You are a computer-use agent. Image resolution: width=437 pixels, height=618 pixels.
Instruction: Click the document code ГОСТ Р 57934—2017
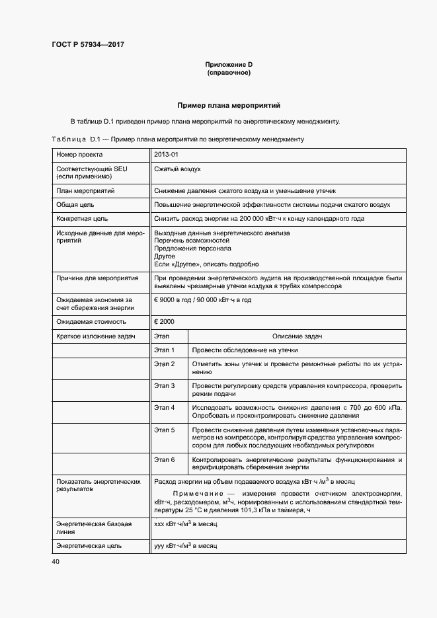(x=88, y=45)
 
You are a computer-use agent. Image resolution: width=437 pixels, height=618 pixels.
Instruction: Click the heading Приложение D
(x=229, y=64)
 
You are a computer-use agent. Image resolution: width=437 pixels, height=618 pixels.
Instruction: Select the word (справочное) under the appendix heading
(x=229, y=72)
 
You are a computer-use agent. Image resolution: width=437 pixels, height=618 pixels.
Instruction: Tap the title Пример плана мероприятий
(x=229, y=105)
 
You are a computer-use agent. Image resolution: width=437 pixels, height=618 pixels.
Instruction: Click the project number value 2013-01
(x=166, y=155)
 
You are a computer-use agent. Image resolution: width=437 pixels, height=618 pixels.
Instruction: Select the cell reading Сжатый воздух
(x=177, y=169)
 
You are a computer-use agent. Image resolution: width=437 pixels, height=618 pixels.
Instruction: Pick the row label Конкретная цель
(x=82, y=219)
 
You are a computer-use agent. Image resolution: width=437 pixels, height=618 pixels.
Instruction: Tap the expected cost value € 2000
(x=165, y=321)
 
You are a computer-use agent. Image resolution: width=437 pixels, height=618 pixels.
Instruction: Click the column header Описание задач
(x=296, y=336)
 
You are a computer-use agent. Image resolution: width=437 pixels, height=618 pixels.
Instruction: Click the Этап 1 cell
(x=164, y=350)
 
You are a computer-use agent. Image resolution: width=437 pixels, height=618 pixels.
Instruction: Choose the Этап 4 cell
(x=164, y=407)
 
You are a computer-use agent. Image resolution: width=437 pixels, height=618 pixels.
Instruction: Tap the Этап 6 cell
(x=164, y=459)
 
